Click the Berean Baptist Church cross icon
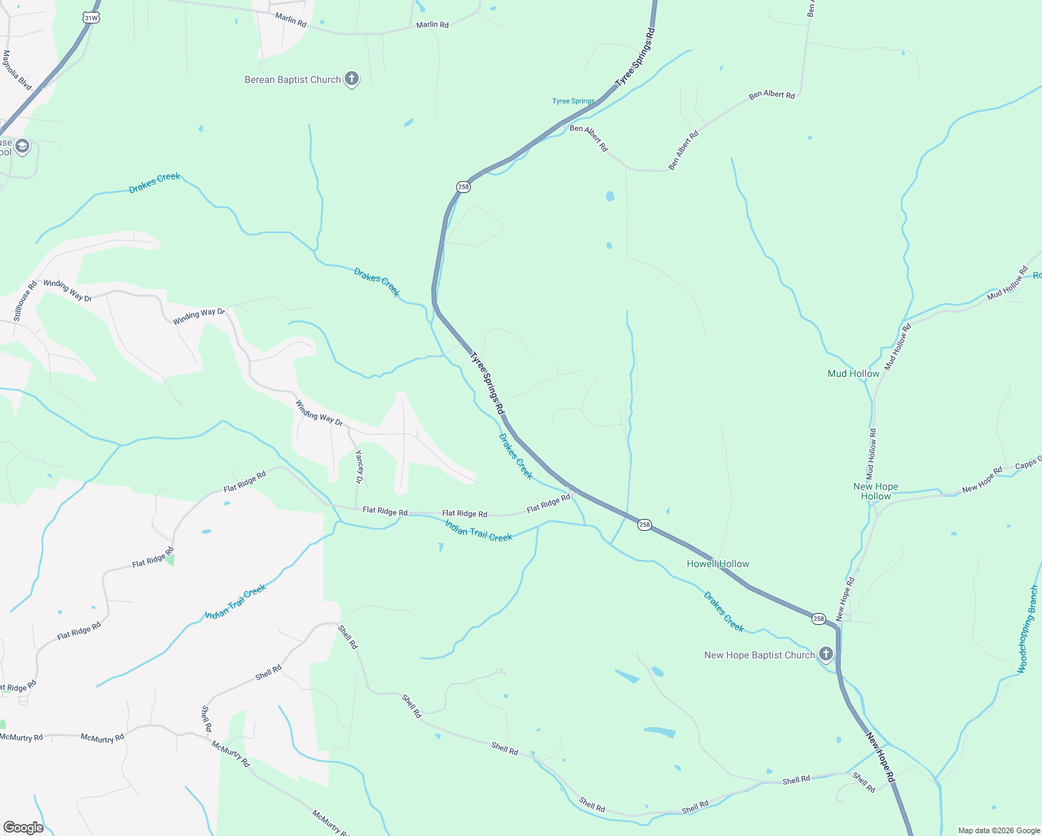(x=352, y=79)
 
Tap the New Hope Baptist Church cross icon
(x=825, y=654)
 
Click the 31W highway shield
(x=91, y=17)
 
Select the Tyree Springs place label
(x=573, y=101)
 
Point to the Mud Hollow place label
(x=853, y=374)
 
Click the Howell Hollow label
(x=718, y=564)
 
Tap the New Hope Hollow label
(x=876, y=492)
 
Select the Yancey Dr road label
(x=359, y=467)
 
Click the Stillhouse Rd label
(x=25, y=301)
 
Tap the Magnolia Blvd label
(x=17, y=70)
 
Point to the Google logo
(x=24, y=828)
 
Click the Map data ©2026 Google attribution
(x=999, y=830)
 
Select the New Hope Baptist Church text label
(x=759, y=655)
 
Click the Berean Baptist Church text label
(x=293, y=80)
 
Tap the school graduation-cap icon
(x=22, y=146)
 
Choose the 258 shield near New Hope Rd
(x=818, y=619)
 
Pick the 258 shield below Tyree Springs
(x=463, y=187)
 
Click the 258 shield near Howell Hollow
(x=644, y=525)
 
